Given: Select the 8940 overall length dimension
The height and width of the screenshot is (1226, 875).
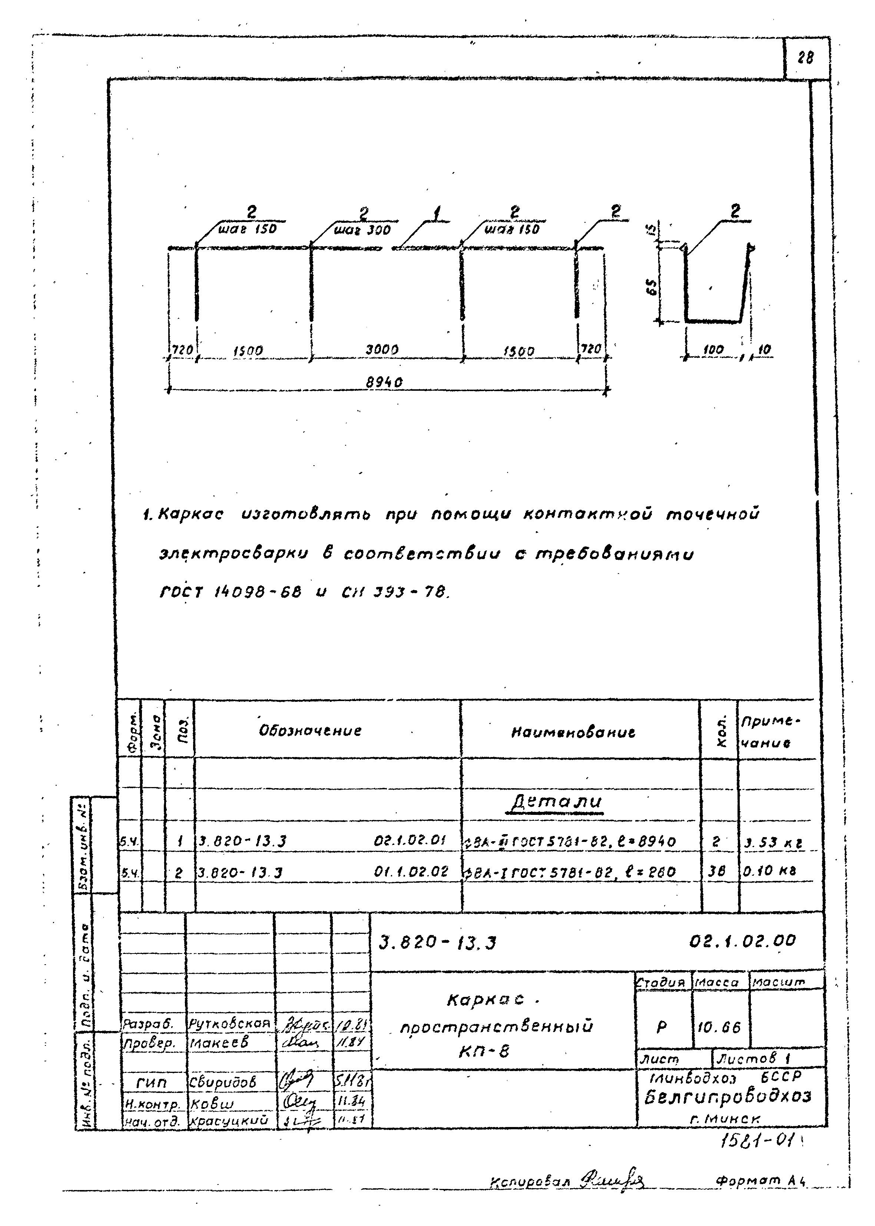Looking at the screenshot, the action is pos(384,382).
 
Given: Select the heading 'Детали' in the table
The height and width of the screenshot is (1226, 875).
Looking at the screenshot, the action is pos(556,802).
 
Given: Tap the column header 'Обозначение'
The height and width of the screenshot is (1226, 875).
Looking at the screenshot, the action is pos(310,731).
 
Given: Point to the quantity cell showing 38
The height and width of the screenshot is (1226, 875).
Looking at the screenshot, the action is pos(717,872).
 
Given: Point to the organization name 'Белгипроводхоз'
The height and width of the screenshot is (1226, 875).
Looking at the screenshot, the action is pos(727,1097).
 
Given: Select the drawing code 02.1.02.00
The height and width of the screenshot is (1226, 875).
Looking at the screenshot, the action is pos(742,941).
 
